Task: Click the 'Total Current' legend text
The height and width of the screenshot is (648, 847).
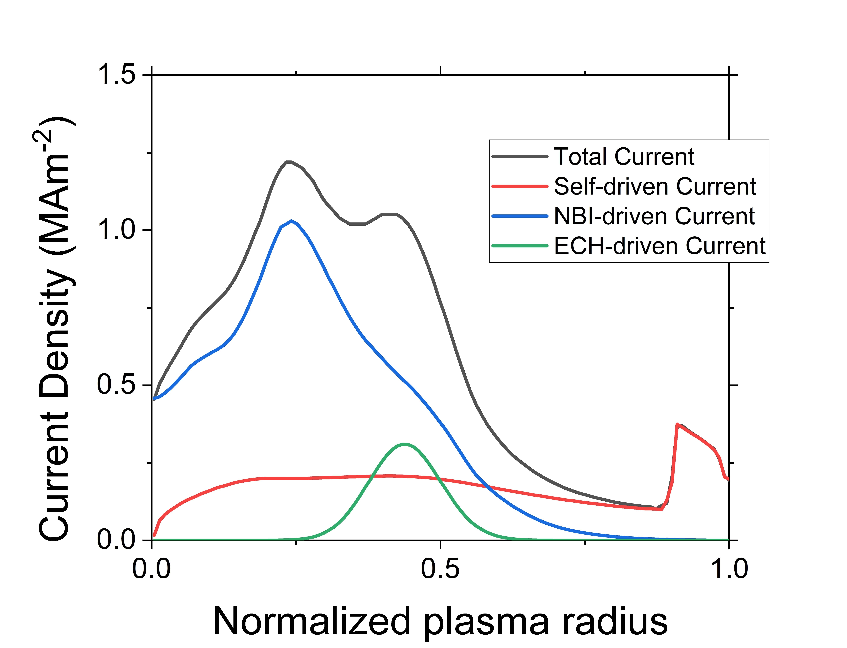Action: tap(624, 157)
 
